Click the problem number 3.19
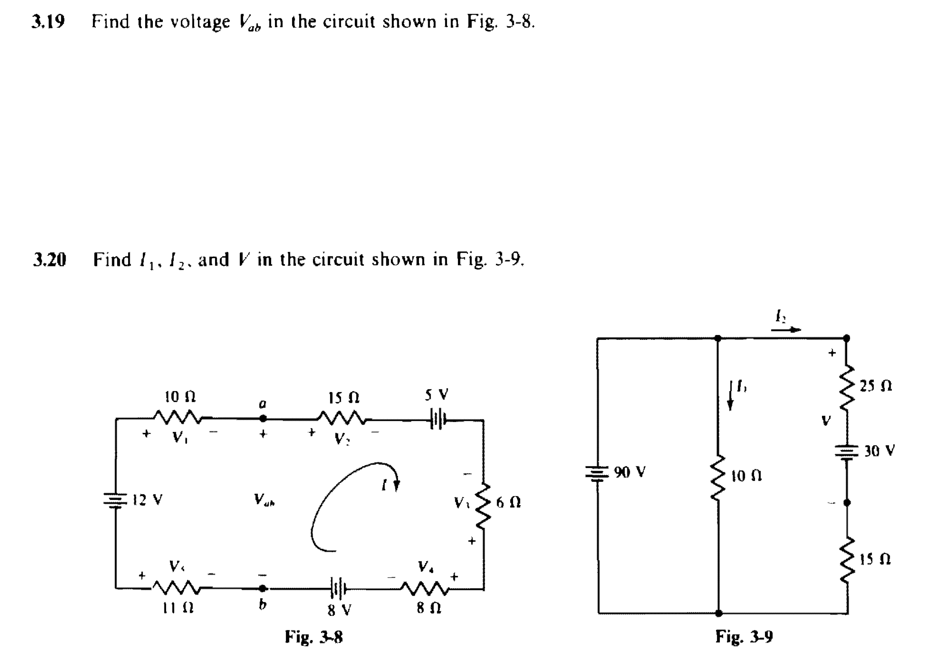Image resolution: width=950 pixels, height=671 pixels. [48, 21]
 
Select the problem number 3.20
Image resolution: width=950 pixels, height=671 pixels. [49, 259]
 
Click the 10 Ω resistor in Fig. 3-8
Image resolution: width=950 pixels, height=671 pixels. [178, 417]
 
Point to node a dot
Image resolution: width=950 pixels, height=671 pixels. [263, 418]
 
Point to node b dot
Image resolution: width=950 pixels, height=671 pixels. [263, 589]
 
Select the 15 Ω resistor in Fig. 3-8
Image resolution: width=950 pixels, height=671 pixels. [342, 417]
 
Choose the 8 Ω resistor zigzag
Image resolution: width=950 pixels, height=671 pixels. [424, 588]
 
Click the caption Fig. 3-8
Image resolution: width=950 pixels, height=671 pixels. [313, 637]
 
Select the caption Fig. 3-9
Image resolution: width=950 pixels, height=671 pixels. [744, 636]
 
